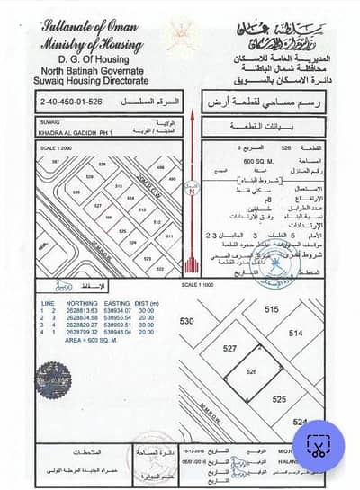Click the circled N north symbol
[x=191, y=191]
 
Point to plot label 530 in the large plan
[x=187, y=321]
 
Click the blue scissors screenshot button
[x=319, y=445]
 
